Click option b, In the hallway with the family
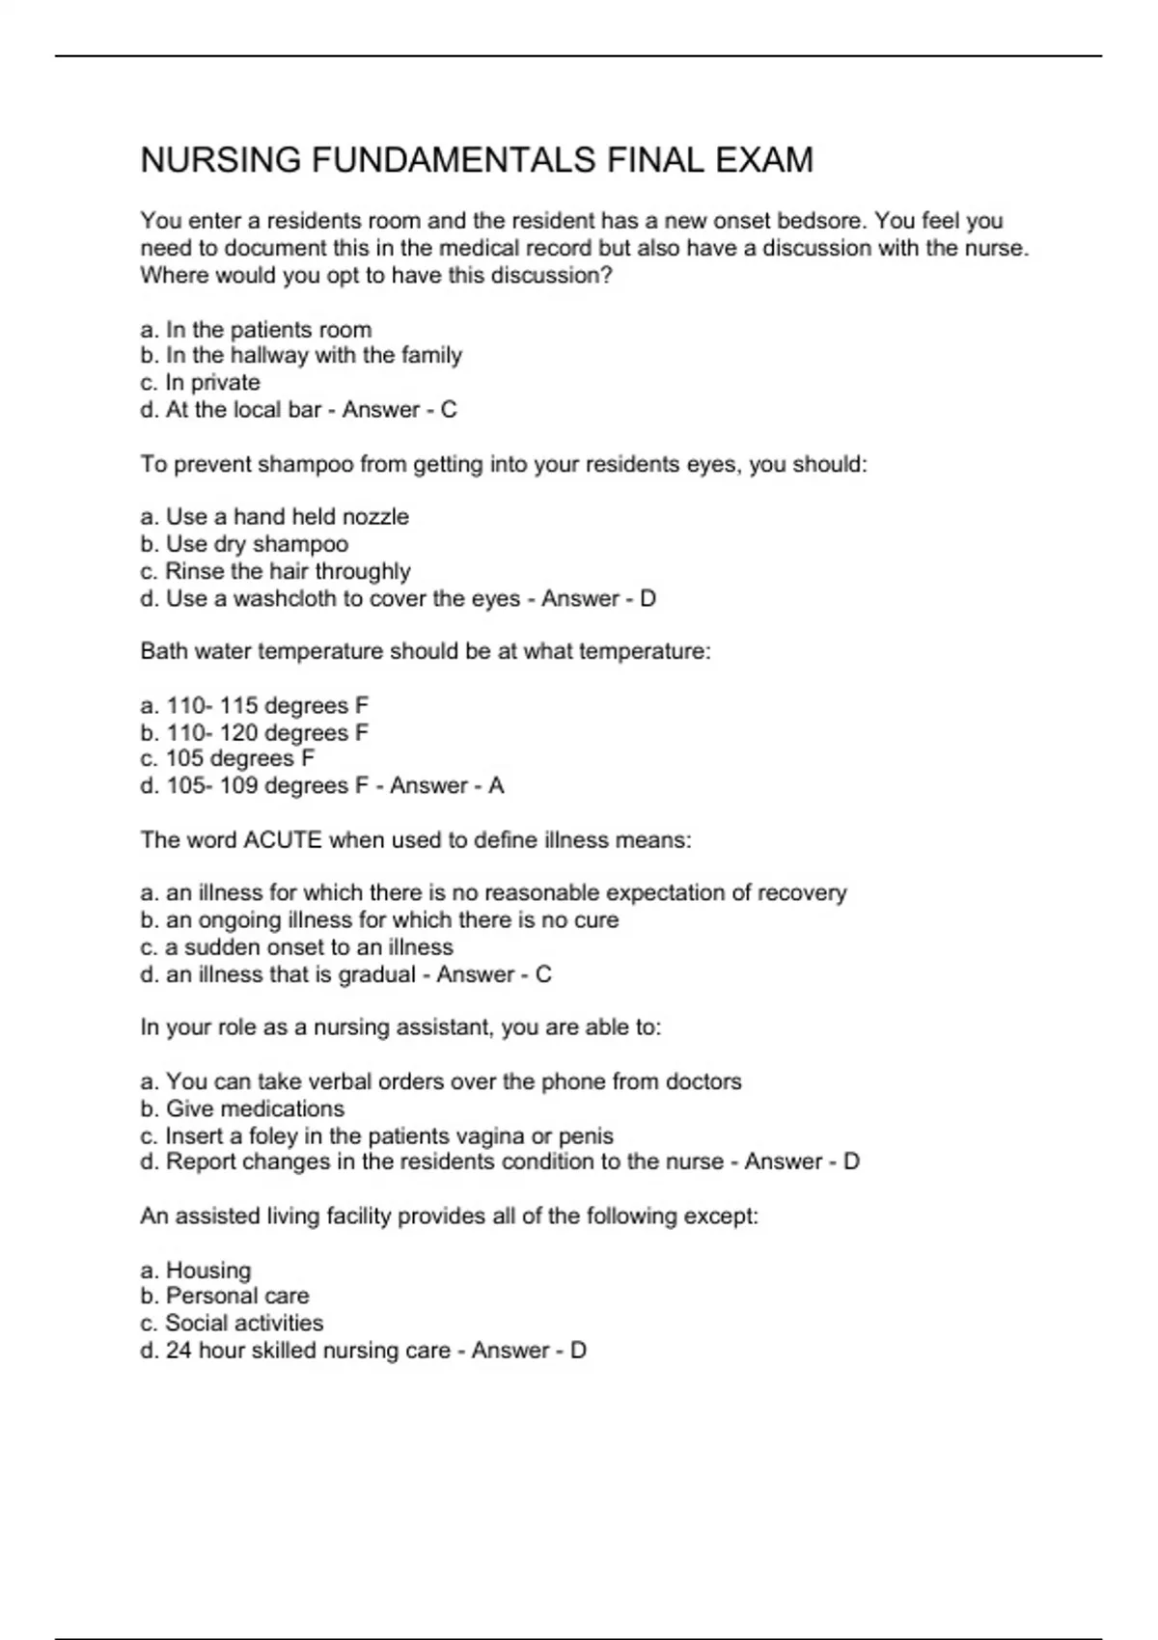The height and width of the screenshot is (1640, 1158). pos(301,356)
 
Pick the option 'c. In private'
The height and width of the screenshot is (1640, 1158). pos(200,383)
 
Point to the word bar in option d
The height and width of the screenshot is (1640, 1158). pos(306,410)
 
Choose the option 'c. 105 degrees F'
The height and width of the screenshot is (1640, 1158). pos(228,759)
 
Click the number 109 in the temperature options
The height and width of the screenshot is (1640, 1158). pos(238,786)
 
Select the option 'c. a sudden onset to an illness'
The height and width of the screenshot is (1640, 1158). pos(296,947)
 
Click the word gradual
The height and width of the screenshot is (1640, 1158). pos(376,974)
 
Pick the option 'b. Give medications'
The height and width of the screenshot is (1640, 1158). pos(242,1109)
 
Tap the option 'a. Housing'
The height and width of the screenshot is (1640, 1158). pos(195,1271)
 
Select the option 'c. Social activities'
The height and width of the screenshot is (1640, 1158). pos(232,1324)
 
